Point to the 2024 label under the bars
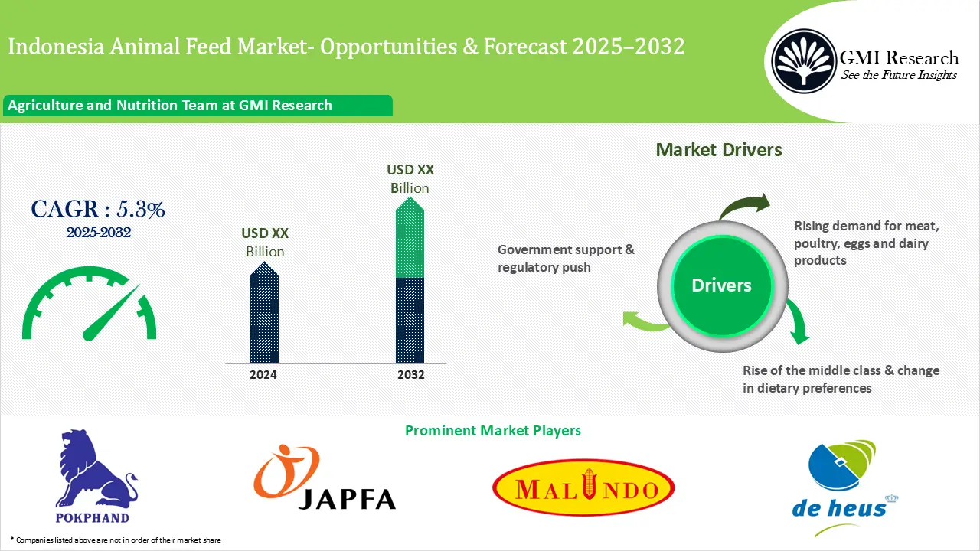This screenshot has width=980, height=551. pyautogui.click(x=263, y=375)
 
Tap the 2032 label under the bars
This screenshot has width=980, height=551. pyautogui.click(x=410, y=375)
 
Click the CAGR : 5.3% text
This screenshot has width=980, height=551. pyautogui.click(x=97, y=209)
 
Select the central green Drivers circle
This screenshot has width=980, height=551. pyautogui.click(x=721, y=285)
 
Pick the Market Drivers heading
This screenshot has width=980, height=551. pyautogui.click(x=719, y=150)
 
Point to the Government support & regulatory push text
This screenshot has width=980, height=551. pyautogui.click(x=566, y=259)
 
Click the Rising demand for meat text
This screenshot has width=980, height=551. pyautogui.click(x=866, y=243)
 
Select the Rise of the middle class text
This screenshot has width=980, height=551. pyautogui.click(x=841, y=379)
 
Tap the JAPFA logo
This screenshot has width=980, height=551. pyautogui.click(x=325, y=478)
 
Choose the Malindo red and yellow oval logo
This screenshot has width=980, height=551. pyautogui.click(x=583, y=489)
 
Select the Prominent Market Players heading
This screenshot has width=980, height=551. pyautogui.click(x=492, y=431)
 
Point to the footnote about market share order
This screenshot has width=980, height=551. pyautogui.click(x=116, y=540)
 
